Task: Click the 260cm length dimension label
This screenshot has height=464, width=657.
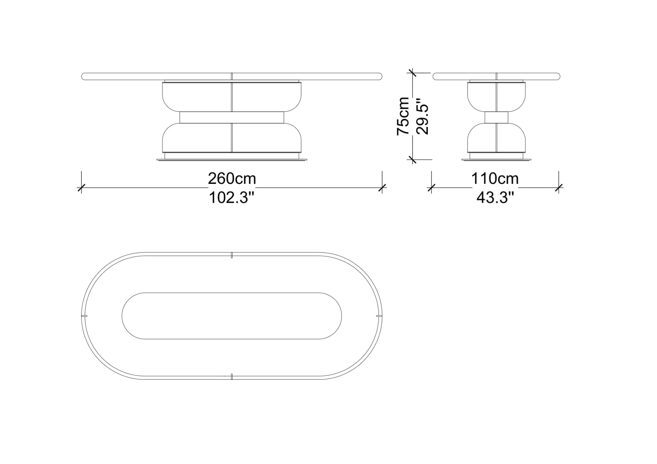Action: pos(232,178)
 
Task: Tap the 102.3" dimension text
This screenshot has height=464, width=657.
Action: pos(231,198)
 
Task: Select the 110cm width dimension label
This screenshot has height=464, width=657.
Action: pos(495,178)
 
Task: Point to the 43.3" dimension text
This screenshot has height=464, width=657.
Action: pos(495,198)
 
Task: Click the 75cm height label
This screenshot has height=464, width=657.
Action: pos(403,116)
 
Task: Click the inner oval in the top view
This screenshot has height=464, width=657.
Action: pos(232,293)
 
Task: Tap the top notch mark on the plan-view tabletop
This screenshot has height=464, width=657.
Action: pos(232,255)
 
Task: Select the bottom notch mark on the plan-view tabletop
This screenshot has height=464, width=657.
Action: pos(232,377)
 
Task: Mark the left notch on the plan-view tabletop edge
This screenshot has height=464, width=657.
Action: pos(84,316)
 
